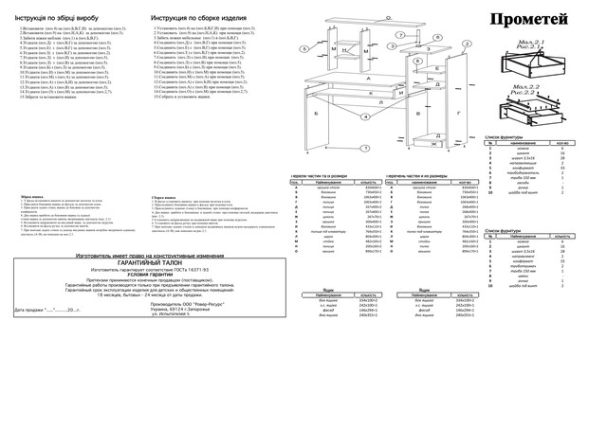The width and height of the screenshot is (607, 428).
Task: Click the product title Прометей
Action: (530, 19)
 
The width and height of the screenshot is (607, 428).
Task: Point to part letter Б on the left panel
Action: (314, 111)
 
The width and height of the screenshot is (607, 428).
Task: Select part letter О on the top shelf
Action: (388, 18)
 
